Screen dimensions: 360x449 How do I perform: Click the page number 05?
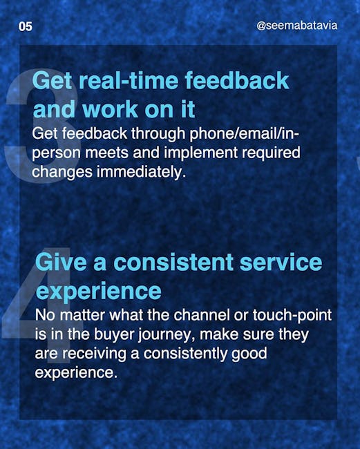click(26, 26)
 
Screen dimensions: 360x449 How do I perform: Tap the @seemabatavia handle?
click(297, 26)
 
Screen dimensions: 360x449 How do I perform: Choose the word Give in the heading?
click(61, 262)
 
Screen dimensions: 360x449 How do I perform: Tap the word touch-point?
click(292, 315)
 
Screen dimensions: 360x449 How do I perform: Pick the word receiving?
click(95, 354)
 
